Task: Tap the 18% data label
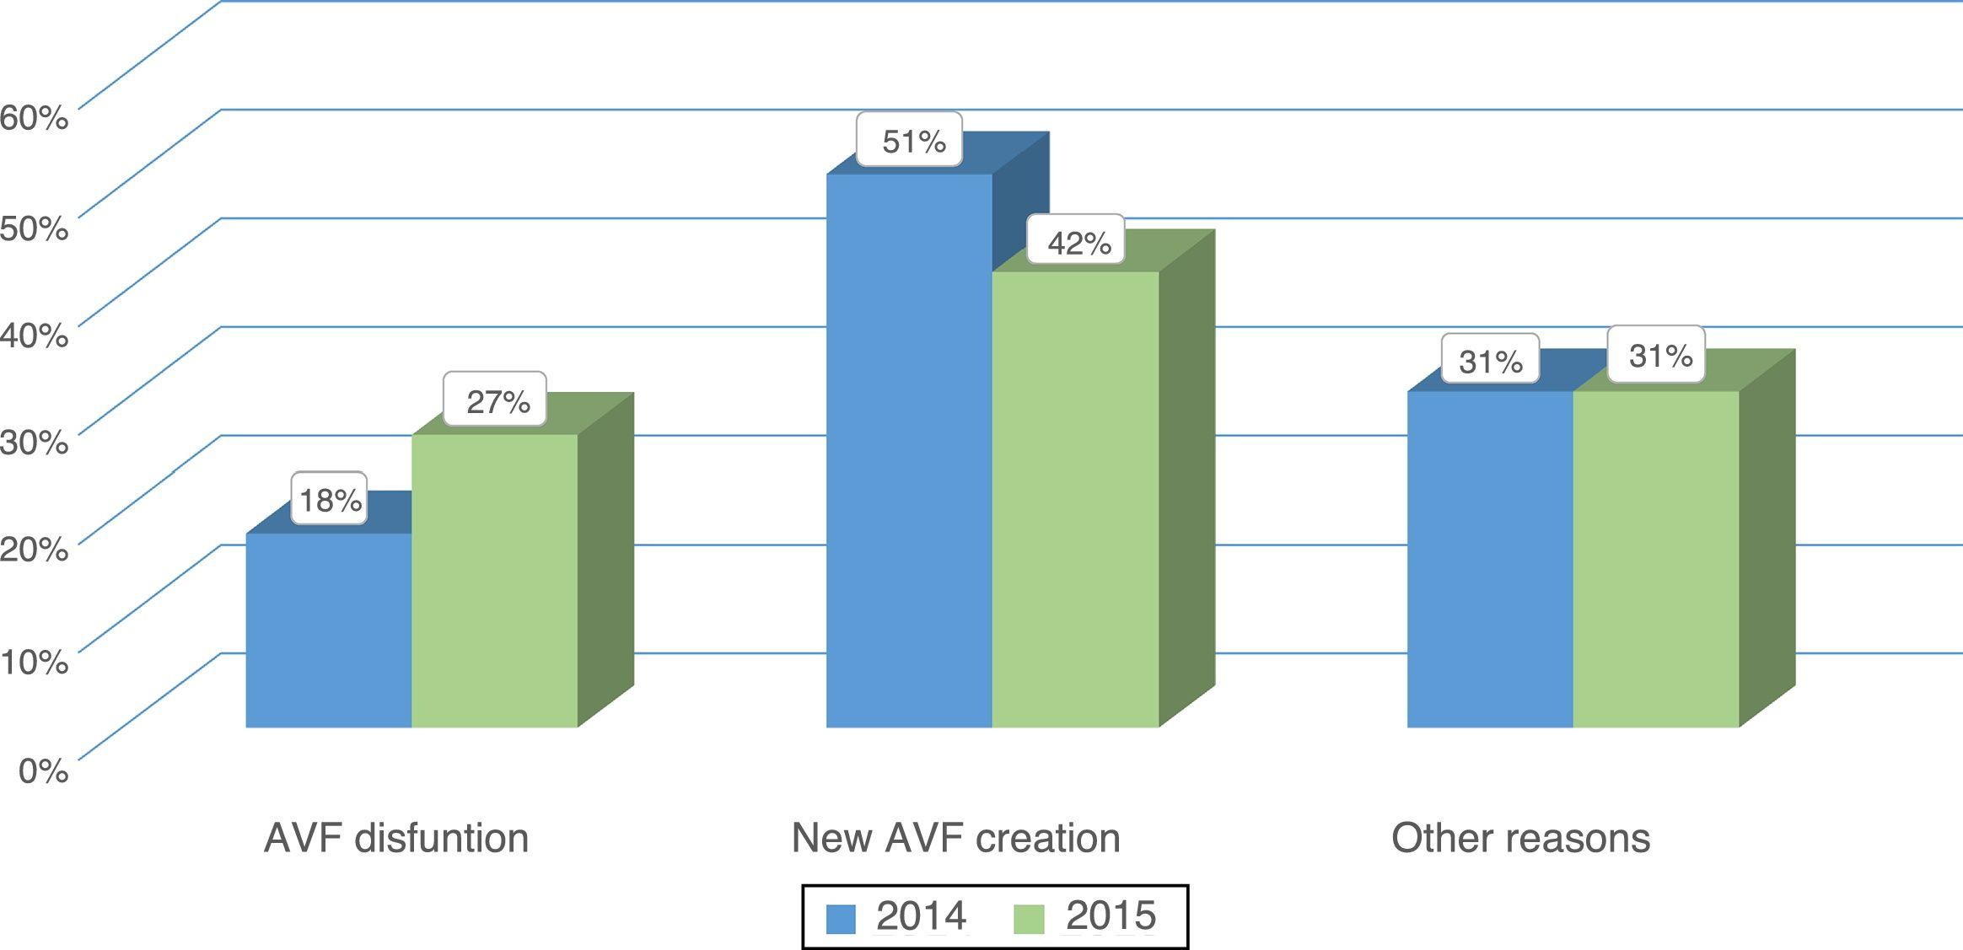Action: tap(331, 500)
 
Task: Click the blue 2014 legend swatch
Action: tap(841, 918)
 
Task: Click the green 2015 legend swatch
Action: tap(1029, 918)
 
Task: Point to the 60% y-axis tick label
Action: tap(34, 117)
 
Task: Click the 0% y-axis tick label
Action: tap(43, 770)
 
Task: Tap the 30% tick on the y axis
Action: tap(34, 442)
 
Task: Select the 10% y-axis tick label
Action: tap(34, 661)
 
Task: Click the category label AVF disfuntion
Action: tap(396, 838)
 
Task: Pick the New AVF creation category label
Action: tap(955, 838)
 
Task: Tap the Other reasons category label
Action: tap(1520, 838)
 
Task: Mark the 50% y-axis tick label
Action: tap(34, 227)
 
